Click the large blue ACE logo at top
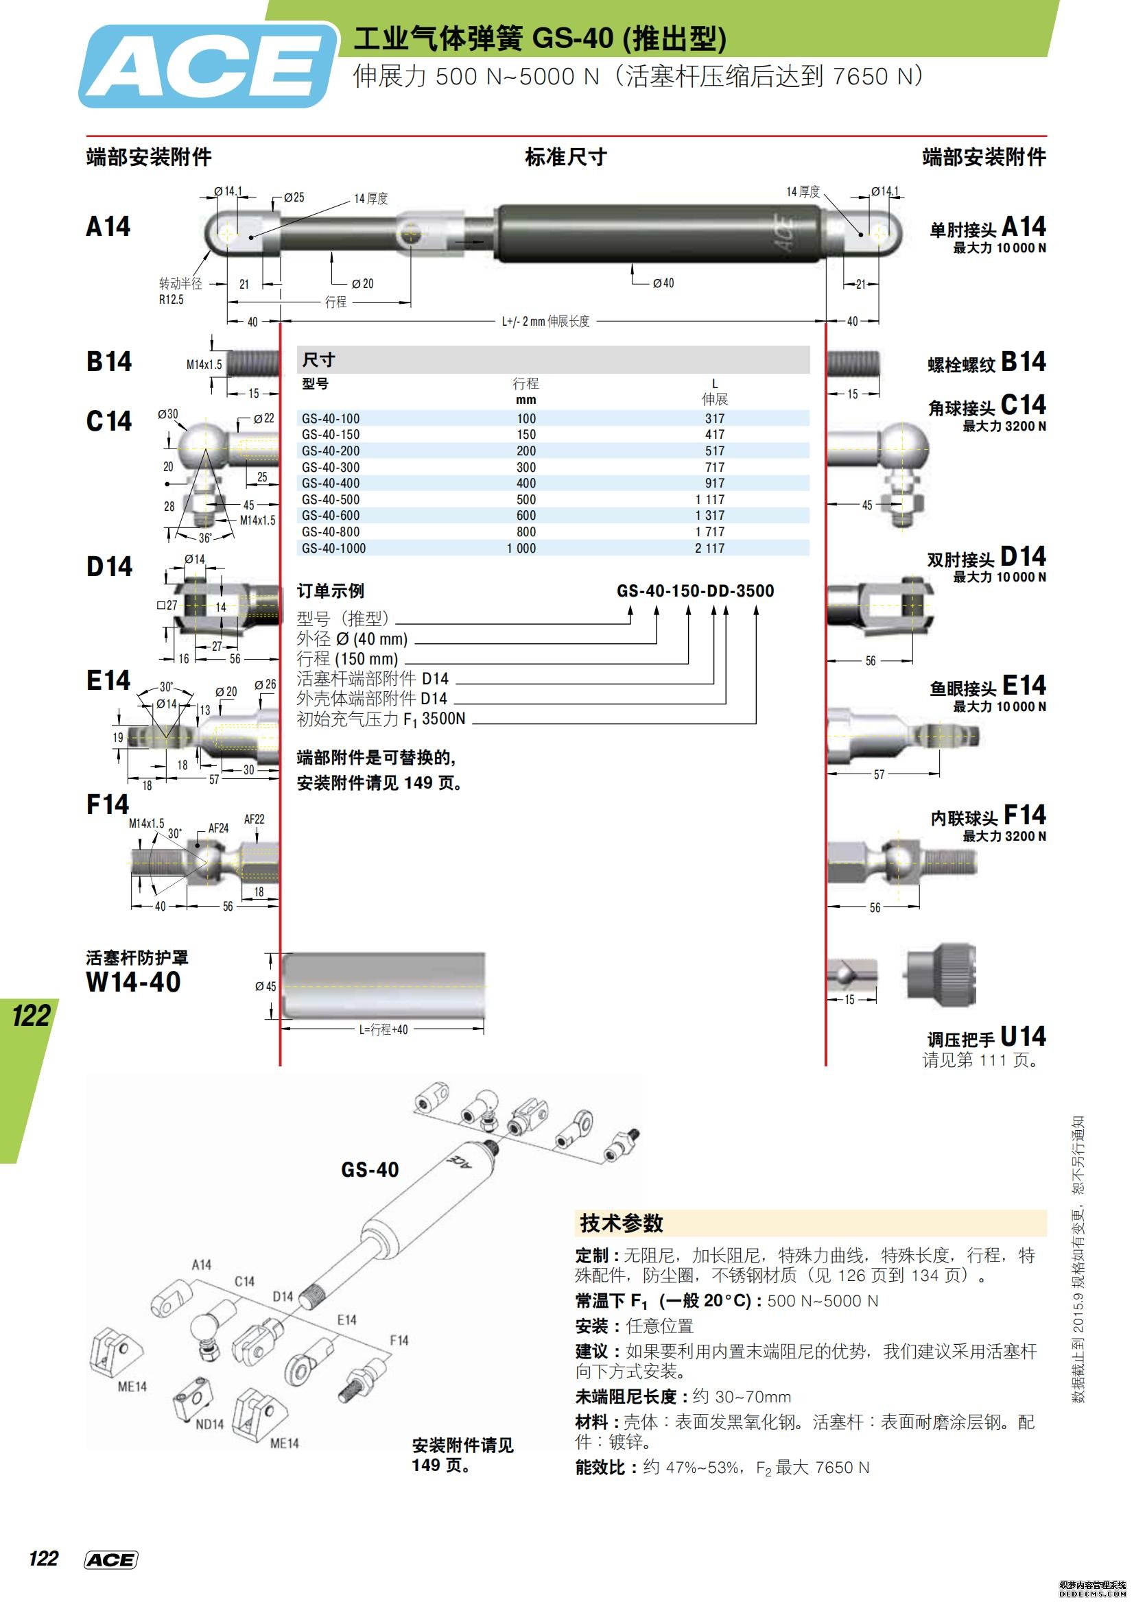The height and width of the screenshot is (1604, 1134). tap(206, 67)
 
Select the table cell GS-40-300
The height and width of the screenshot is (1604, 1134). tap(330, 467)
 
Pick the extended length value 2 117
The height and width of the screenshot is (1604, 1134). tap(709, 549)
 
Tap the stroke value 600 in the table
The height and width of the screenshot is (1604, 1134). tap(525, 516)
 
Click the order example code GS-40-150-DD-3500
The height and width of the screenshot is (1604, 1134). tap(694, 591)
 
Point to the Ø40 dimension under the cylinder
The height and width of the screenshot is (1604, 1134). tap(663, 283)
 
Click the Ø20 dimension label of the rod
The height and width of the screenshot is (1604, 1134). tap(363, 284)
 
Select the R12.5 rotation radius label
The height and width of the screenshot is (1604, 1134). tap(171, 300)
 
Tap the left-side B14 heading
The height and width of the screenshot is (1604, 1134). tap(109, 361)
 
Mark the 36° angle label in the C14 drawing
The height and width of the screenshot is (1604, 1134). tap(204, 538)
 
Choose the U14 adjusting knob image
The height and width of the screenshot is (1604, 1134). tap(941, 975)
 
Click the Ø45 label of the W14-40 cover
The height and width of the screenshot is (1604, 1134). tap(265, 986)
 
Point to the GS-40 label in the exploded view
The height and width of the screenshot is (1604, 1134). tap(370, 1169)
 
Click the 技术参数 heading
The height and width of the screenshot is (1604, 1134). tap(621, 1223)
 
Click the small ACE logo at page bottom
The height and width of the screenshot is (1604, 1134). tap(110, 1561)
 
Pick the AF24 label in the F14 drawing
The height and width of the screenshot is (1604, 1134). tap(218, 828)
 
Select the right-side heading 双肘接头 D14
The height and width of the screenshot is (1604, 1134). tap(986, 558)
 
